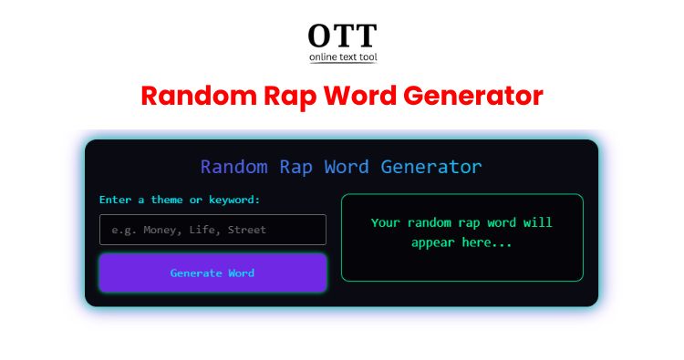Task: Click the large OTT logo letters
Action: (342, 36)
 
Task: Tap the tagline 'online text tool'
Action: (343, 57)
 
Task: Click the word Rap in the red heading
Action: (290, 96)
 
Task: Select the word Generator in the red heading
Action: (472, 96)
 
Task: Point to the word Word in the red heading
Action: (359, 96)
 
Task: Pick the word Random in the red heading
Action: (199, 96)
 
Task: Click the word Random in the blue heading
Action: (233, 167)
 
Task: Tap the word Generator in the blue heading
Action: (431, 167)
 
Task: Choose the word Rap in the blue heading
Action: (295, 168)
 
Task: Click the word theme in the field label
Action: (167, 200)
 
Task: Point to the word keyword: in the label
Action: (234, 200)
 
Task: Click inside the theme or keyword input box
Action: (212, 230)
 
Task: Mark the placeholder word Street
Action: (247, 230)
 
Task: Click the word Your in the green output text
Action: (385, 222)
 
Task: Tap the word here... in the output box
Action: (486, 242)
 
